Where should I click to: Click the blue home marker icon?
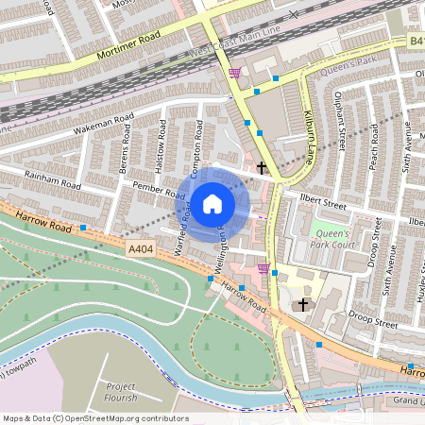[212, 203]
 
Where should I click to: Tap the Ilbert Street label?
[323, 202]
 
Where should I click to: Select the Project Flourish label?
[121, 391]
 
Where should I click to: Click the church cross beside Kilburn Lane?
[262, 168]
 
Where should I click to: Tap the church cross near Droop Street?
[303, 305]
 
